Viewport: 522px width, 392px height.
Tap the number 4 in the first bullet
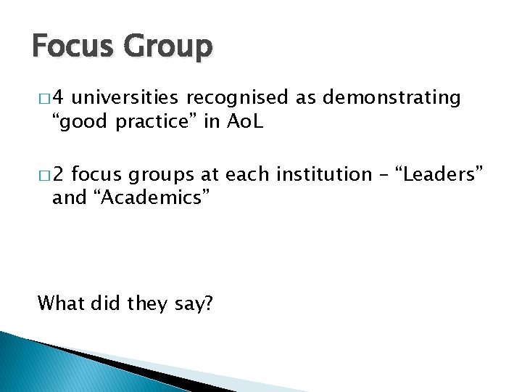coord(59,98)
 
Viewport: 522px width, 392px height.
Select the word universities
coord(128,98)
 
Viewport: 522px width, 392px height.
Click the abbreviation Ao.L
coord(245,121)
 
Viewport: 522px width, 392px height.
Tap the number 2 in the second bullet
coord(59,175)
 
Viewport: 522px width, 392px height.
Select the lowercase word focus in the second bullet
coord(97,175)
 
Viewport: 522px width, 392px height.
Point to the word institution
coord(318,175)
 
